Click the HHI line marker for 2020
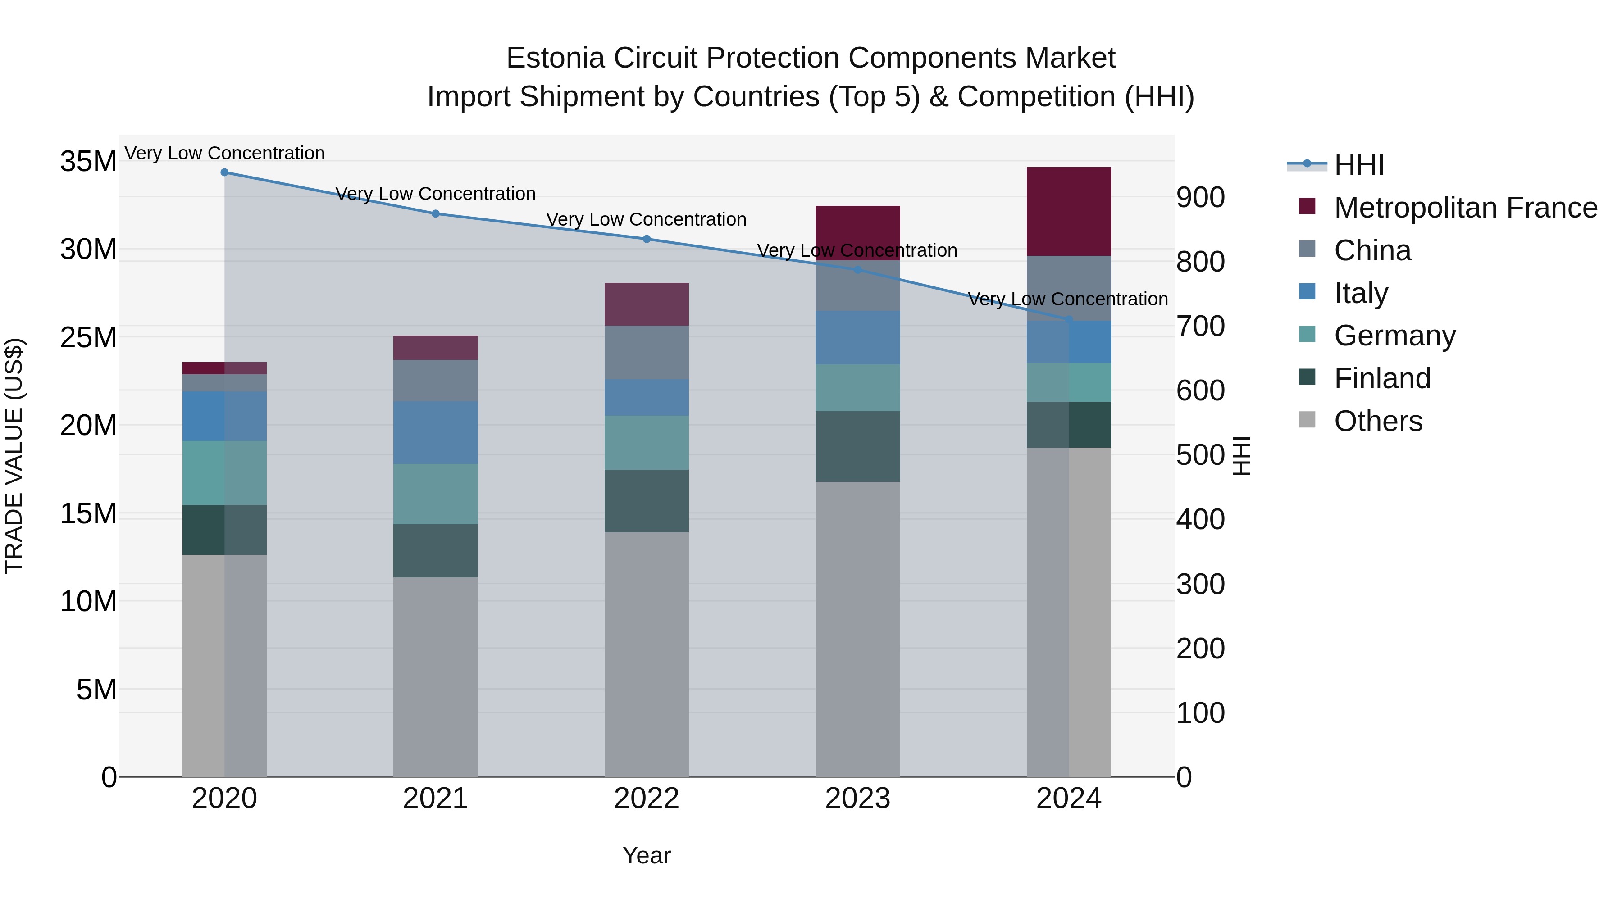pos(224,172)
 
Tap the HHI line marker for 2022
pos(646,239)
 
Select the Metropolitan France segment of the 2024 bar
pos(1069,212)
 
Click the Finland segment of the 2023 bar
pos(857,446)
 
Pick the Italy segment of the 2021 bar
pos(435,432)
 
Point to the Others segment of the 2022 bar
pos(646,654)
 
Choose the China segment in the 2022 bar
pos(646,353)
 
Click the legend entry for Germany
pos(1394,336)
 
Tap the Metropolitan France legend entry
pos(1465,208)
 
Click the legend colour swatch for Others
pos(1307,420)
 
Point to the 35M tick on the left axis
pos(88,162)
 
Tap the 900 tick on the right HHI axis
pos(1200,198)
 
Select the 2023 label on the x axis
pos(857,799)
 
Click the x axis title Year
pos(646,855)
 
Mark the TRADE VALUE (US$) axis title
pos(14,456)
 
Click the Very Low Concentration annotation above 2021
pos(435,194)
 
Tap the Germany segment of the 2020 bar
pos(224,473)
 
